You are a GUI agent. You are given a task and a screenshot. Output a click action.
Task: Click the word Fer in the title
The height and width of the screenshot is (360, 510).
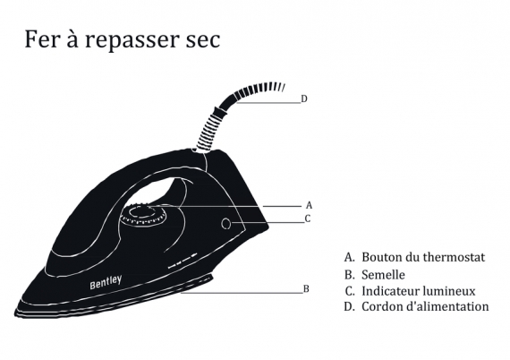tap(38, 39)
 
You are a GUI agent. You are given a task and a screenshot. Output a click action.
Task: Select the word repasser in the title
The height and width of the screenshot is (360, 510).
tap(132, 40)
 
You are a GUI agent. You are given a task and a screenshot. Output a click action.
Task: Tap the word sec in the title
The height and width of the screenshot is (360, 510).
tap(203, 40)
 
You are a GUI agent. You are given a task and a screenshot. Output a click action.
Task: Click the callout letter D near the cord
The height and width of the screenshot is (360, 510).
tap(304, 99)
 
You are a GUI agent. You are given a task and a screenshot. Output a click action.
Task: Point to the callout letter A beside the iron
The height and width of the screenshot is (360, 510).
tap(309, 205)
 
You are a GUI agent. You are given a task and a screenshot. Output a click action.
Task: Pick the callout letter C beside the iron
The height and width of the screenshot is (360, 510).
tap(308, 219)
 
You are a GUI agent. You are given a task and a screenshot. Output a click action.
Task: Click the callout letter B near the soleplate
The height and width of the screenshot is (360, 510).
tap(306, 288)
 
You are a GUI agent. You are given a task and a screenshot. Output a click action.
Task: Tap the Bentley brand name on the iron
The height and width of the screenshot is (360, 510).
tap(106, 282)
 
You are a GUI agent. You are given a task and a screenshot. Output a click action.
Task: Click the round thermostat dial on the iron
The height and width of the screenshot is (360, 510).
tap(143, 215)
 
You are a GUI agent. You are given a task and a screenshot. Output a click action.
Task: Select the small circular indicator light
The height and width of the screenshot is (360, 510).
tap(226, 224)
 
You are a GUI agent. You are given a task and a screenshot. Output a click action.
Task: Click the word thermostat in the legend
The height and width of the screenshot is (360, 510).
tap(454, 257)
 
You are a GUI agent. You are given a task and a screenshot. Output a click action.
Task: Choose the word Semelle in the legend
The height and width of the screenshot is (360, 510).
tap(383, 275)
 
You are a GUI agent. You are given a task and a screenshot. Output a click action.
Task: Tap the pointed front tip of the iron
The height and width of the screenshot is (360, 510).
tap(15, 314)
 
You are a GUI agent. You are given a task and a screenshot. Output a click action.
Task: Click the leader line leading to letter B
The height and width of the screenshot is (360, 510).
tap(242, 293)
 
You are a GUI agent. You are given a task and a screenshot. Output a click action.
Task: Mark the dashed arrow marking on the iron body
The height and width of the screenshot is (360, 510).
tap(183, 261)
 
